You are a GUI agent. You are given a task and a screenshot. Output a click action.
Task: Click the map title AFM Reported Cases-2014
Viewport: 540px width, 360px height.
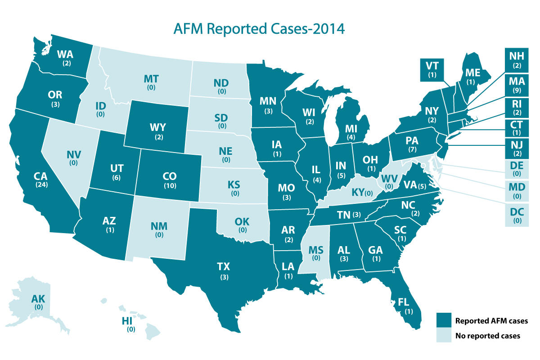point(259,28)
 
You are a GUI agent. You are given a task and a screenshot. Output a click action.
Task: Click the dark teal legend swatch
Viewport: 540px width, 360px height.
point(443,320)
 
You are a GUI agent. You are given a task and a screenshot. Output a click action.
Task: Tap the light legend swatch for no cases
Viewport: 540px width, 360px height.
point(443,336)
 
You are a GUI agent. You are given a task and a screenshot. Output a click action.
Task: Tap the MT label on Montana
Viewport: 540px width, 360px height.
point(151,79)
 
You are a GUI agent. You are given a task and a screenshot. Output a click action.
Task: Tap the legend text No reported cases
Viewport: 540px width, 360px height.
point(487,336)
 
